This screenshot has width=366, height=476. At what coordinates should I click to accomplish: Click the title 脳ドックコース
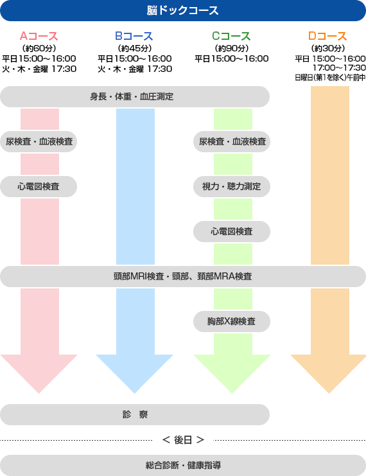[183, 11]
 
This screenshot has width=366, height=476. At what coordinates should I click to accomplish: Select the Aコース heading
[39, 36]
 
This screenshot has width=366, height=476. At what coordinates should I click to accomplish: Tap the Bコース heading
[134, 36]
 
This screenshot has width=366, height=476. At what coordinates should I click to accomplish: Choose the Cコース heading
[231, 36]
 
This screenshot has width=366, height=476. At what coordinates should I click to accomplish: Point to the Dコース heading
[327, 36]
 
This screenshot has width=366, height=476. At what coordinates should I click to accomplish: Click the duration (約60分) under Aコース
[39, 48]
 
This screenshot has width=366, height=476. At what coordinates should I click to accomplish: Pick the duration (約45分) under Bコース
[134, 48]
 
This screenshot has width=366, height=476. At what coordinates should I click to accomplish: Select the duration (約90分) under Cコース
[232, 48]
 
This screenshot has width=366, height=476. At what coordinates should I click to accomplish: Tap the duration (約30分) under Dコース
[327, 48]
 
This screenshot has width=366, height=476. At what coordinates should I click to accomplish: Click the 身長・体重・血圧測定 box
[135, 96]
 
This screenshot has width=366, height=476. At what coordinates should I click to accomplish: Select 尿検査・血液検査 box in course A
[39, 141]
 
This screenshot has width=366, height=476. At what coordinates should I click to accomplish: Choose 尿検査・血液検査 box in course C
[232, 141]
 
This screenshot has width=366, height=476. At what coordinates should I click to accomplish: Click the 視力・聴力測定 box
[232, 186]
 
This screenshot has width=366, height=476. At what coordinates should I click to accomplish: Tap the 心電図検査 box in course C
[232, 232]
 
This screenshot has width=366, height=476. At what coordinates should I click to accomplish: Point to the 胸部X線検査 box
[232, 321]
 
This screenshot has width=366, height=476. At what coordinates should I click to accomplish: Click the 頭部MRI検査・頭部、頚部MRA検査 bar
[183, 277]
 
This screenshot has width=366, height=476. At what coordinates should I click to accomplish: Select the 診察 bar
[135, 415]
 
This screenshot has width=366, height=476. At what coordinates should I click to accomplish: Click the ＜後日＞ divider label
[183, 440]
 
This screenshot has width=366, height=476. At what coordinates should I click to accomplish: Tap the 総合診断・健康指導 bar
[183, 465]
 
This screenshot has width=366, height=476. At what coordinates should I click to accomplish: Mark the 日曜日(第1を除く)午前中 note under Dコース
[330, 78]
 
